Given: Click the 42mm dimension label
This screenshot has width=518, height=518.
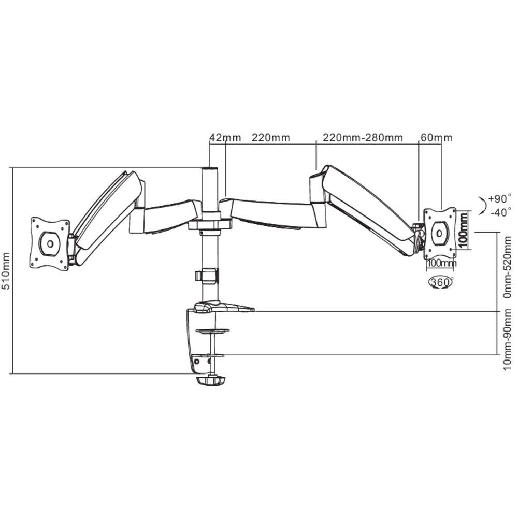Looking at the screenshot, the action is pos(225,137).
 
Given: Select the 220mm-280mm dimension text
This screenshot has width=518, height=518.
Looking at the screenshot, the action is pos(363,137).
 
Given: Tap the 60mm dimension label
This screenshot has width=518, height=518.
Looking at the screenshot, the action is pos(436,137).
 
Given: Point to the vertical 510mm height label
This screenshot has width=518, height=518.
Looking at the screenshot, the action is pos(6,271).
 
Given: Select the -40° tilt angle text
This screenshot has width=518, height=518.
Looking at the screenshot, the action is pos(501,212).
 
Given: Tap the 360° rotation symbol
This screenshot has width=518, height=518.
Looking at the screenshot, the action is pos(440,282).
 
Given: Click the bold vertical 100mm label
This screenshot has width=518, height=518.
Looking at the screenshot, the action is pos(464,230).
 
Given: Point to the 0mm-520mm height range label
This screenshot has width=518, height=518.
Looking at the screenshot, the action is pos(507,267).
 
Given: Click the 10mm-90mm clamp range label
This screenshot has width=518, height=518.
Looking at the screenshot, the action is pos(507,339).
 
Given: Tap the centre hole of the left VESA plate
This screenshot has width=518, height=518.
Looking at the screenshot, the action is pos(50,244).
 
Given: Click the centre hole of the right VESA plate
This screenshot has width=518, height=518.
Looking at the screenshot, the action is pos(439,234).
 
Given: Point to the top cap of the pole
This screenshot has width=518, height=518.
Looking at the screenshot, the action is pos(210,169).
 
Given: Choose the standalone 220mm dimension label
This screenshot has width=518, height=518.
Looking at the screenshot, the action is pos(271,137).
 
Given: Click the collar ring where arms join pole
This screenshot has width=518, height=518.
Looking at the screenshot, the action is pos(210,225).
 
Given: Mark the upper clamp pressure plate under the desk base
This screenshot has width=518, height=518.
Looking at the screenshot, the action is pos(212,330).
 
